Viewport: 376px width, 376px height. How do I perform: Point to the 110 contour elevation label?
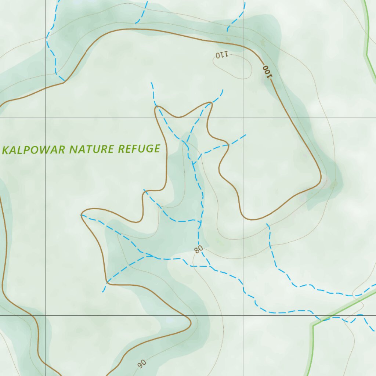(222, 55)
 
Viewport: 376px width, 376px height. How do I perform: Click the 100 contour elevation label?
(268, 72)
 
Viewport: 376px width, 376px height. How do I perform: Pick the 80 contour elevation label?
(198, 250)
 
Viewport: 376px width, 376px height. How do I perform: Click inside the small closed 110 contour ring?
(235, 66)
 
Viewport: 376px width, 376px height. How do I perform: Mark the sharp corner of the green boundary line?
(312, 325)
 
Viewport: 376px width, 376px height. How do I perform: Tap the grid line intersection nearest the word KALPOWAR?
(46, 118)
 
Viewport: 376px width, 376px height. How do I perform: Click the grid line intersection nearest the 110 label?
(243, 118)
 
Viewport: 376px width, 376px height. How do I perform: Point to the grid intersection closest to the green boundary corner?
(243, 315)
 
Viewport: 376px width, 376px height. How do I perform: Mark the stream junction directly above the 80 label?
(200, 221)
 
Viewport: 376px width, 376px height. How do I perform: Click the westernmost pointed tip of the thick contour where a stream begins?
(81, 215)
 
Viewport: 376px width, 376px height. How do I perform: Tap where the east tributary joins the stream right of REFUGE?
(193, 163)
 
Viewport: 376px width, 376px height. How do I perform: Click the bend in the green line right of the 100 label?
(366, 55)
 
